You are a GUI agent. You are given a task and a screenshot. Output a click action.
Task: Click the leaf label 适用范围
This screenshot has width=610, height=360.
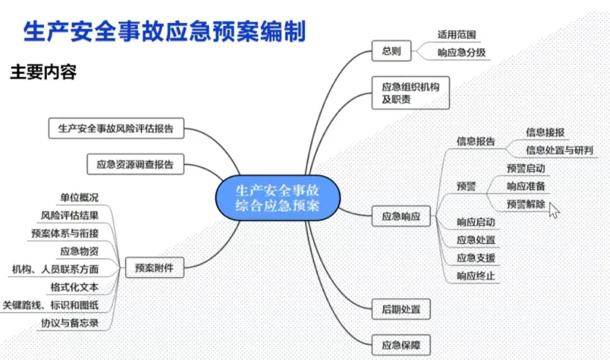[x=456, y=35]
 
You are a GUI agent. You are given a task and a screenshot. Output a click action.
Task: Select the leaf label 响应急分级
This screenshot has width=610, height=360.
[x=462, y=52]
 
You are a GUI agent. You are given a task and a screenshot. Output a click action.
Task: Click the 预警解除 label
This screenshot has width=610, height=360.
[x=526, y=204]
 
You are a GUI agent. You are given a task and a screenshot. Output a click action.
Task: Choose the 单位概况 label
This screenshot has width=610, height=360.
[x=79, y=198]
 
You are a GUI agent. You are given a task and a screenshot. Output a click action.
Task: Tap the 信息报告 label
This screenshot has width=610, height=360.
[x=476, y=141]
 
